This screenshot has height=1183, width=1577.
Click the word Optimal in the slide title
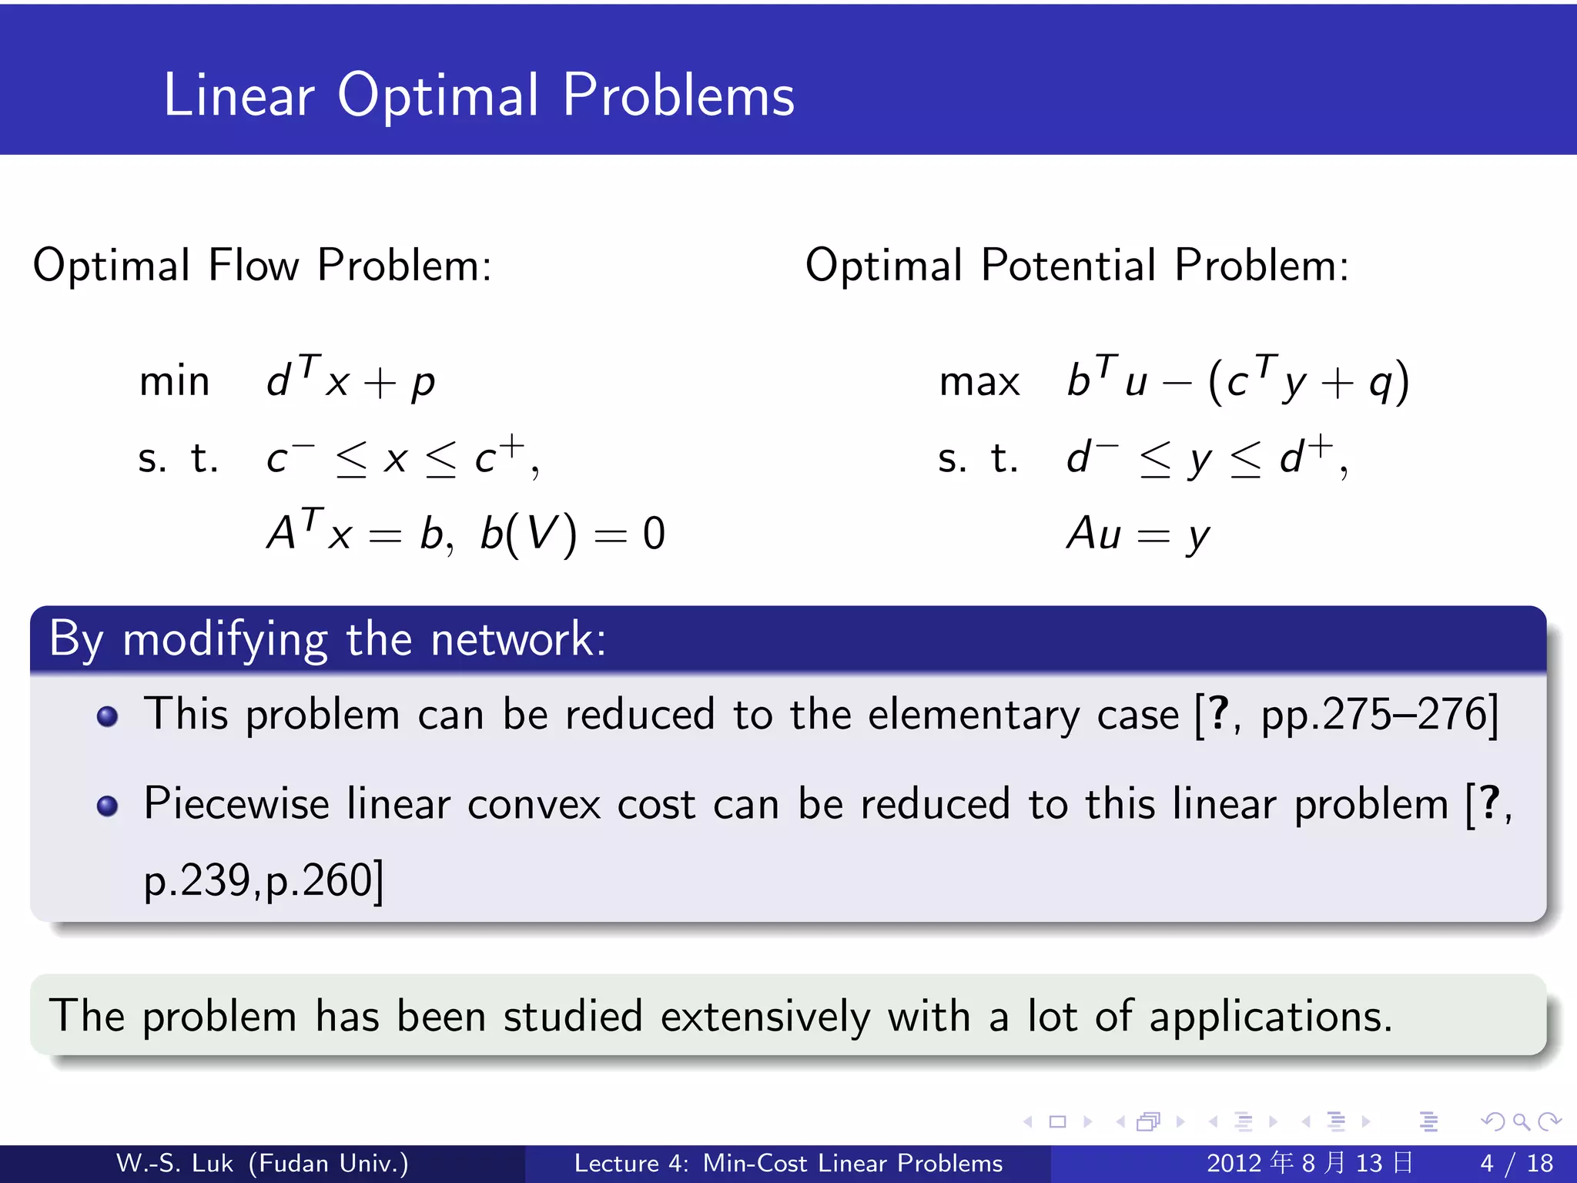tap(437, 96)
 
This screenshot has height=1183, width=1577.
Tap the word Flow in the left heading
tap(253, 266)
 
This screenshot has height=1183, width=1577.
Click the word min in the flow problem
tap(174, 381)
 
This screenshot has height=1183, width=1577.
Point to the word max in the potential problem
tap(979, 381)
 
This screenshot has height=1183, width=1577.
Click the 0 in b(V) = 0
tap(654, 533)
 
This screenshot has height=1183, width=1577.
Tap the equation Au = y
tap(1138, 533)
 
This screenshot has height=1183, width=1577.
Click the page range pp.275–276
tap(1374, 715)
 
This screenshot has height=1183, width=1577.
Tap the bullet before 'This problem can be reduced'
tap(107, 716)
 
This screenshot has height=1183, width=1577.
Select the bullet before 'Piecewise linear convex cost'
tap(107, 806)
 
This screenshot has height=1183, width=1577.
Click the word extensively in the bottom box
tap(765, 1016)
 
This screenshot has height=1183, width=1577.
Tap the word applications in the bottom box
tap(1271, 1017)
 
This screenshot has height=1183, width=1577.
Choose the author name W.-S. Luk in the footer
tap(174, 1163)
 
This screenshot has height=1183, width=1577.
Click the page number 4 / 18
tap(1516, 1163)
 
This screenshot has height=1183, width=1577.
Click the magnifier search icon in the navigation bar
tap(1520, 1121)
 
